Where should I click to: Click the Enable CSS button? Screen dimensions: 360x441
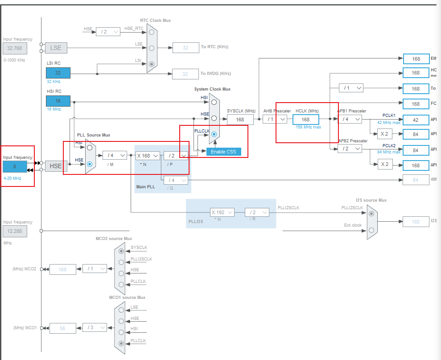click(223, 152)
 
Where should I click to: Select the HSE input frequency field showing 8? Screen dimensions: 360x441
click(15, 166)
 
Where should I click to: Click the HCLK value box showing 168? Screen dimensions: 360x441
click(305, 120)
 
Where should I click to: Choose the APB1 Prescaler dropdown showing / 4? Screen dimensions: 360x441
click(350, 120)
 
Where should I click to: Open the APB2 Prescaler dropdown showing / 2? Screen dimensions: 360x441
click(350, 149)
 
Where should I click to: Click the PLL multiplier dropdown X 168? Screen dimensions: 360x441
click(148, 156)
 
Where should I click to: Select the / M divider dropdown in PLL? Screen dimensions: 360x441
click(115, 156)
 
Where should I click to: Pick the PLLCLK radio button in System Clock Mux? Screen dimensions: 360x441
click(214, 134)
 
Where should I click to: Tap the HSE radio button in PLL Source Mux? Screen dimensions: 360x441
click(90, 164)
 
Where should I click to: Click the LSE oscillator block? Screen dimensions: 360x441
click(56, 48)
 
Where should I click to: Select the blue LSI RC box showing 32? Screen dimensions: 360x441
click(58, 73)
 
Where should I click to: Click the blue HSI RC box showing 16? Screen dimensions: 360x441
click(58, 101)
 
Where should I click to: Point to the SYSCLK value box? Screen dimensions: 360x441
click(240, 120)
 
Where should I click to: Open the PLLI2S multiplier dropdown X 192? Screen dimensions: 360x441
click(222, 212)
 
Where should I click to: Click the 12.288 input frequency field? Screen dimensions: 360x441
click(15, 231)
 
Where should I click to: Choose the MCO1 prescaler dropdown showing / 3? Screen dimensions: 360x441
click(95, 328)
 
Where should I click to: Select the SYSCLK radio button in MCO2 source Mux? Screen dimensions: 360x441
click(121, 251)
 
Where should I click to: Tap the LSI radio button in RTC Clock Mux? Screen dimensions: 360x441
click(152, 64)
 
